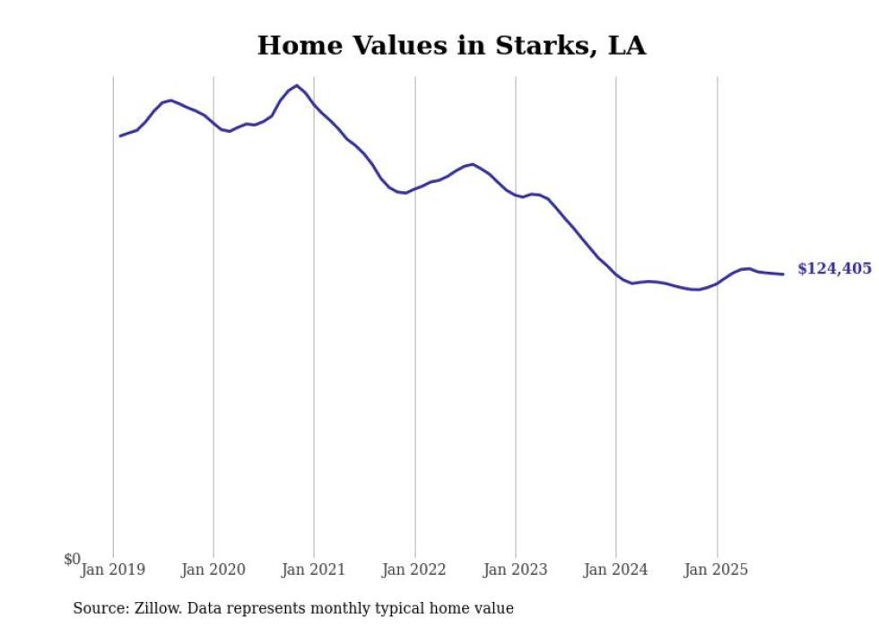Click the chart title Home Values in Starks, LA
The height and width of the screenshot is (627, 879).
(451, 45)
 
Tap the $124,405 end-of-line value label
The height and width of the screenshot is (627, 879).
(834, 268)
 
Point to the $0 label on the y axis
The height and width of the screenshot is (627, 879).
(72, 559)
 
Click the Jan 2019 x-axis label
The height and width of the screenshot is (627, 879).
(113, 569)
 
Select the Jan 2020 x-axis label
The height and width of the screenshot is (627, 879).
(213, 569)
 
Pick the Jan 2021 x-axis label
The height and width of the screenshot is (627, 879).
(314, 569)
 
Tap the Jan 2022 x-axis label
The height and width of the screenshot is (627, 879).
(414, 569)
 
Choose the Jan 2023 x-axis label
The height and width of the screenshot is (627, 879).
(515, 569)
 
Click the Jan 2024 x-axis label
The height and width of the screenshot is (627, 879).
(615, 569)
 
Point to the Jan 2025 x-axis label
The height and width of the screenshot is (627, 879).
(716, 569)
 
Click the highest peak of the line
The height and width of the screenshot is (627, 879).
(297, 85)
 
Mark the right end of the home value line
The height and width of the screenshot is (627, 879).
(783, 274)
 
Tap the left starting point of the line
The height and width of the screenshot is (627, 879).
(120, 135)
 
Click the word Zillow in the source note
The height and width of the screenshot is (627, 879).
(156, 608)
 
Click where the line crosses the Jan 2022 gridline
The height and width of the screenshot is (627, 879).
(414, 188)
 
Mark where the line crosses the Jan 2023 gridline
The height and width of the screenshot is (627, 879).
(515, 195)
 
